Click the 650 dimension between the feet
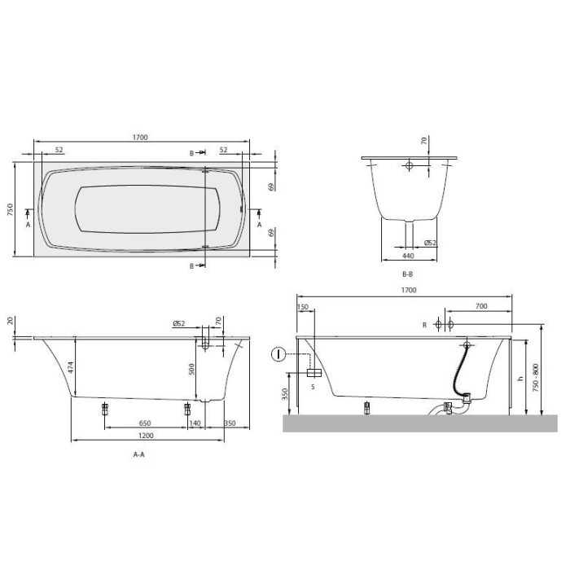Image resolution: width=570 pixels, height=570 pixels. click(143, 424)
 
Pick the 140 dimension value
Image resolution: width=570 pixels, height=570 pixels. click(195, 424)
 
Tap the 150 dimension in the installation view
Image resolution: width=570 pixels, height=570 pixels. click(304, 307)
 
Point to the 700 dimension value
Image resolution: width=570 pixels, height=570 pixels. click(480, 307)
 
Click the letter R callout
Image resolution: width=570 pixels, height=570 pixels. click(424, 325)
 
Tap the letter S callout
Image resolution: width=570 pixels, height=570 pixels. click(313, 387)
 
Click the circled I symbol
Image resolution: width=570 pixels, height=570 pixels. click(279, 353)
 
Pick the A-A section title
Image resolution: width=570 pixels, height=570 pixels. click(138, 458)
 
